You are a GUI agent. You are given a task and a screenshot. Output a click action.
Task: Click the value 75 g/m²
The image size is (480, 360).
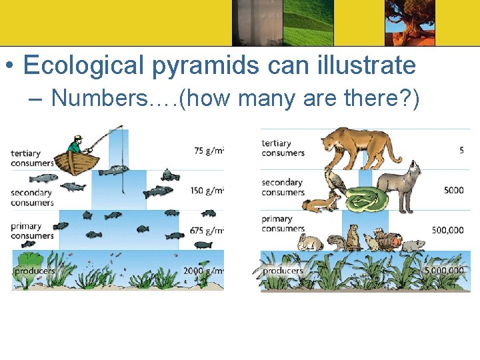(209, 151)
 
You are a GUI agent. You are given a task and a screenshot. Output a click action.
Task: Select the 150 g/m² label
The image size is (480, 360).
(208, 191)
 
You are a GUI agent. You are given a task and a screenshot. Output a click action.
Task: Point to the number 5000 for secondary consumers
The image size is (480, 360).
(453, 190)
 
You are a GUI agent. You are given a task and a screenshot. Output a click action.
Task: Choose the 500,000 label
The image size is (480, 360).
(447, 230)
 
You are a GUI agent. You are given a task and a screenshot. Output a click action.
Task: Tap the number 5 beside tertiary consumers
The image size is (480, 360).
(461, 151)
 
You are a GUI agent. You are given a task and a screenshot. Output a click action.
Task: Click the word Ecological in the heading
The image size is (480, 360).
(83, 65)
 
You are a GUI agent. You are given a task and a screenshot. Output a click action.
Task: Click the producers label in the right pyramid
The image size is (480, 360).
(283, 271)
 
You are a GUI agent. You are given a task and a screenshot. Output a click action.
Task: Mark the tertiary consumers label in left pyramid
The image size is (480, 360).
(31, 159)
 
